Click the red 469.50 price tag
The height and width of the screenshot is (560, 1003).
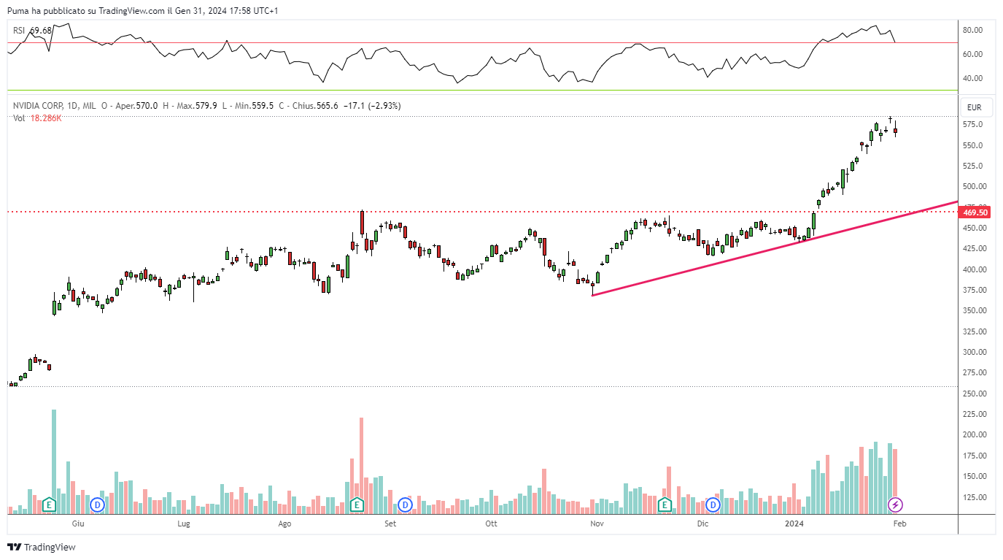(x=975, y=212)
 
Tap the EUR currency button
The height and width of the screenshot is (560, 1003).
(x=974, y=107)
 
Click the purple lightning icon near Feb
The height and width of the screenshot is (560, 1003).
(x=896, y=505)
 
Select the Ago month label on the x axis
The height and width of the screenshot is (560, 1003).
(x=284, y=524)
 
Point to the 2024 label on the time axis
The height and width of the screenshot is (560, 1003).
(x=794, y=524)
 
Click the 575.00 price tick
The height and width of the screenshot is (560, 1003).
(x=972, y=125)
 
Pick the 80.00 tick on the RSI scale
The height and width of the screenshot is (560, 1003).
(x=972, y=31)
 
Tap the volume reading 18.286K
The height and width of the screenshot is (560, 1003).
(x=46, y=118)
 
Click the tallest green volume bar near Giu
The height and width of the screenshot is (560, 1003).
(x=54, y=453)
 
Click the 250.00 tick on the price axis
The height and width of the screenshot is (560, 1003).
(x=972, y=394)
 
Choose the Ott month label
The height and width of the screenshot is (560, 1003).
(x=492, y=524)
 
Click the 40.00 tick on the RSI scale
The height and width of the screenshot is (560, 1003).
(x=972, y=79)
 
